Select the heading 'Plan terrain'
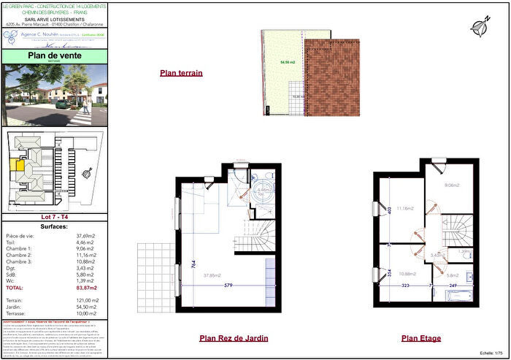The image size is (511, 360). pyautogui.click(x=181, y=73)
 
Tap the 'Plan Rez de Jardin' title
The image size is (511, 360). pyautogui.click(x=234, y=338)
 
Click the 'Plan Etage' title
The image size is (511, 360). pyautogui.click(x=420, y=338)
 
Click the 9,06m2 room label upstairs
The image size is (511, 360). pyautogui.click(x=452, y=185)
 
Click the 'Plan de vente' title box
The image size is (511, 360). pyautogui.click(x=55, y=56)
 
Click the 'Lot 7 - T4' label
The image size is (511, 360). pyautogui.click(x=55, y=217)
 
